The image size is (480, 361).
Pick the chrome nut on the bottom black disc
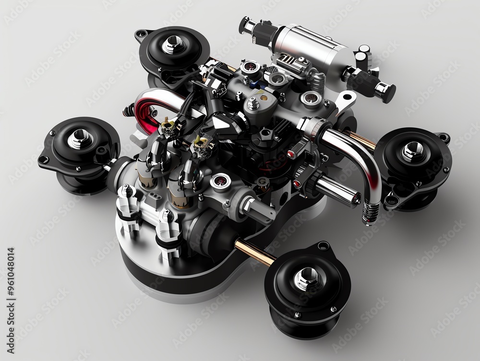(x=303, y=277)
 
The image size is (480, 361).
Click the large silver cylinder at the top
(x=314, y=48)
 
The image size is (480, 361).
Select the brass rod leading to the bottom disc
(x=254, y=253)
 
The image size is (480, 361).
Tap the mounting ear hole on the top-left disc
(x=141, y=34)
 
